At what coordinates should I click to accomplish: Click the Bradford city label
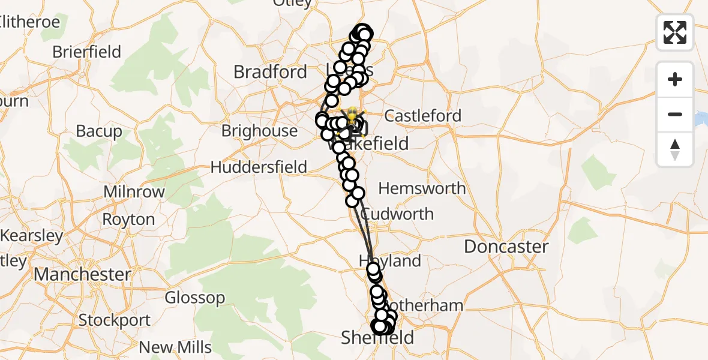point(270,72)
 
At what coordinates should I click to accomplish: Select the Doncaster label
point(506,247)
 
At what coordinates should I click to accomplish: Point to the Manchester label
point(82,275)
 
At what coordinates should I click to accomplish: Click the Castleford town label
point(423,116)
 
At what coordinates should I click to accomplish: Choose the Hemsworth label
point(422,188)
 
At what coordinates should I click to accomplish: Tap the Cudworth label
point(397,214)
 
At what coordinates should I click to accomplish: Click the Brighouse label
point(259,131)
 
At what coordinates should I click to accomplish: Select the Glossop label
point(195,298)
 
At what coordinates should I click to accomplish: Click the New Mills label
point(175,347)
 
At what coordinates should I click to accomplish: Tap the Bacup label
point(99,131)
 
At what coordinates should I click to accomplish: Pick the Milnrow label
point(134,192)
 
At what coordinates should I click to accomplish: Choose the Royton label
point(128,220)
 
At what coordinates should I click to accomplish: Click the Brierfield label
point(86,52)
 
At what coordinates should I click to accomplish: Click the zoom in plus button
point(675,79)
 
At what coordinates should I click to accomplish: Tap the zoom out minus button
point(675,114)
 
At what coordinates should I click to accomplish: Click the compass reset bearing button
point(675,149)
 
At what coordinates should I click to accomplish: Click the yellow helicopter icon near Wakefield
point(352,114)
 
